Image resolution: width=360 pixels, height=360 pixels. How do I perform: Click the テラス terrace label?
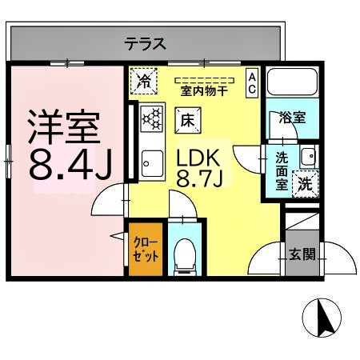[145, 44]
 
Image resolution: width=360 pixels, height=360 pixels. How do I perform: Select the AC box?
[251, 83]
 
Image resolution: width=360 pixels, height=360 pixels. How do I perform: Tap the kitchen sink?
[150, 166]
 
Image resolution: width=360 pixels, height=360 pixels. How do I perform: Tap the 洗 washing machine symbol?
[306, 182]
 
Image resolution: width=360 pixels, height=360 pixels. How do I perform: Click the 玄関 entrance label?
[302, 256]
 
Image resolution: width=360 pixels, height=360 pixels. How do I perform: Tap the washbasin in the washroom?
[307, 154]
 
